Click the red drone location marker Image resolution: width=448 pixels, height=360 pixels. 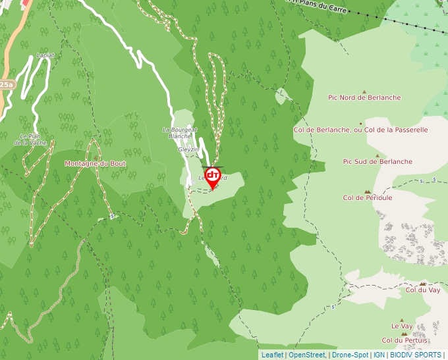pyautogui.click(x=213, y=177)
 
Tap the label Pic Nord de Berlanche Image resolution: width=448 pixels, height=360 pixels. pyautogui.click(x=364, y=97)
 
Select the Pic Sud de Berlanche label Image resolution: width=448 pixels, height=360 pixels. pyautogui.click(x=378, y=161)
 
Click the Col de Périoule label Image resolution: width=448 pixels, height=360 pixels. pyautogui.click(x=368, y=197)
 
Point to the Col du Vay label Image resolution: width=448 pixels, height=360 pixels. pyautogui.click(x=423, y=290)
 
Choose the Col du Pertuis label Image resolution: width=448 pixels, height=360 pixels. pyautogui.click(x=405, y=340)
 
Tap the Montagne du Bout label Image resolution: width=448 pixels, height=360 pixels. pyautogui.click(x=95, y=163)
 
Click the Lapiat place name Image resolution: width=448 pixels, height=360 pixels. pyautogui.click(x=45, y=55)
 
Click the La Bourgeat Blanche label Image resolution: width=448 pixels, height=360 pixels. pyautogui.click(x=180, y=133)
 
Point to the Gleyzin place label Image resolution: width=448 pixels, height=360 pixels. pyautogui.click(x=188, y=149)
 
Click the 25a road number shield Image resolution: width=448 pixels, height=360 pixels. pyautogui.click(x=7, y=85)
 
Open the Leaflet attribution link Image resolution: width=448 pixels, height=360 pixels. pyautogui.click(x=272, y=355)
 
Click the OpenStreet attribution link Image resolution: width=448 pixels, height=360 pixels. pyautogui.click(x=307, y=355)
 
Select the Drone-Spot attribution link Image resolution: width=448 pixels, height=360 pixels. pyautogui.click(x=350, y=355)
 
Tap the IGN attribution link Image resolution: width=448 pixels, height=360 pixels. pyautogui.click(x=379, y=355)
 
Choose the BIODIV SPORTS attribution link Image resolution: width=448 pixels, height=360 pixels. pyautogui.click(x=415, y=355)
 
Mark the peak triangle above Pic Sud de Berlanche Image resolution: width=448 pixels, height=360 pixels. pyautogui.click(x=377, y=156)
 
